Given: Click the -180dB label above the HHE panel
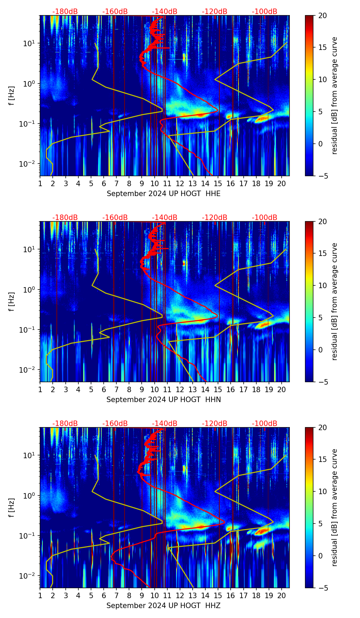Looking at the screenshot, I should point(65,12).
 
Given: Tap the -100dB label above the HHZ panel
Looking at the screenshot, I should point(265,424).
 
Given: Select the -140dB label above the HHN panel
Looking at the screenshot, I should point(165,218).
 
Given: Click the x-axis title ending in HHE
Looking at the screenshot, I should point(164,194).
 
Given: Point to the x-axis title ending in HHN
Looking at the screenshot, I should point(164,400).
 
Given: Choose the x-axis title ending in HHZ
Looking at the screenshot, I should point(163,606).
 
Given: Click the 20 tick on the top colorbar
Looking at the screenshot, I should point(323,15).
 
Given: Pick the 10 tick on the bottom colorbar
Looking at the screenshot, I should point(323,491).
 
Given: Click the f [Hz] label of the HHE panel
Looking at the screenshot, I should point(12,95).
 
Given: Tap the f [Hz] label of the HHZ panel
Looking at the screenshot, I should point(12,507).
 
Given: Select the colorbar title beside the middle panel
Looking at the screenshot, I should point(334,301).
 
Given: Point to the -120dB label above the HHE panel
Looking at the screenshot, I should point(215,12).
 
